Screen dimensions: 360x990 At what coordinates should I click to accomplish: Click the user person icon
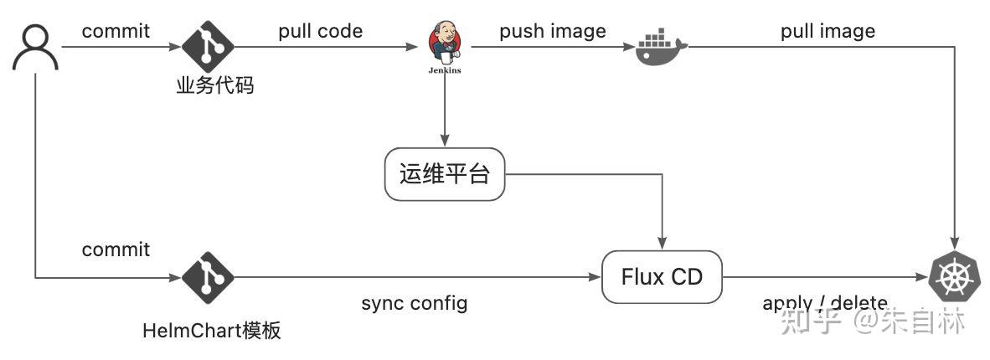click(36, 47)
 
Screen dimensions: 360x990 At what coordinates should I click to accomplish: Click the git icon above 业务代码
click(208, 47)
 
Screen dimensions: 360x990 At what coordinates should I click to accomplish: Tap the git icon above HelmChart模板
click(208, 277)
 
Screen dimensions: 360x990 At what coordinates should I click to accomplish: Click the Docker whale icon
click(661, 47)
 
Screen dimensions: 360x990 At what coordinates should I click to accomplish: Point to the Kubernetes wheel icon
click(955, 277)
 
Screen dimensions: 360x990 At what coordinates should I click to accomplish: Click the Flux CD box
click(662, 277)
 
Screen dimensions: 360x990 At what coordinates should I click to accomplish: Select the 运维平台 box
click(445, 174)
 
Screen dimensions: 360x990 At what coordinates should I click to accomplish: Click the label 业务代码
click(214, 85)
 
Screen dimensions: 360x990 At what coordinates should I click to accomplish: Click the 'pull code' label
click(321, 31)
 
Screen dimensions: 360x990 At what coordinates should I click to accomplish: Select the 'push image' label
click(553, 31)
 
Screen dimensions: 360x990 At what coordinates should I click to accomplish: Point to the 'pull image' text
click(828, 31)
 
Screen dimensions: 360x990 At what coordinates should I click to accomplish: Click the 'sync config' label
click(415, 302)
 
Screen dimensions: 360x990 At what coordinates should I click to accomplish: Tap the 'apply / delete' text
click(824, 302)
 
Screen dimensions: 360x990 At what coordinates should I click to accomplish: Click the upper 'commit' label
click(116, 31)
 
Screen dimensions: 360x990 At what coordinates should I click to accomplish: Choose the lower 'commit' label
click(116, 249)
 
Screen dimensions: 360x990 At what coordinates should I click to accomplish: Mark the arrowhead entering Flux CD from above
click(663, 244)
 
